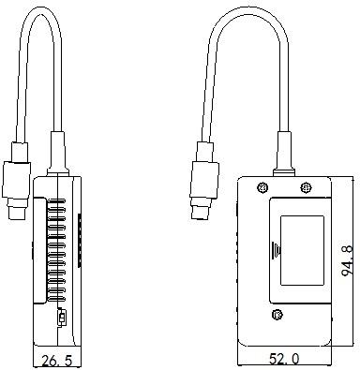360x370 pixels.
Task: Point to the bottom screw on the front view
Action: [277, 314]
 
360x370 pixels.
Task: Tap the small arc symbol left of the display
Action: [275, 250]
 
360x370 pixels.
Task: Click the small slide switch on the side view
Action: [62, 318]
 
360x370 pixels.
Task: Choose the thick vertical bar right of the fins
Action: [79, 239]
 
